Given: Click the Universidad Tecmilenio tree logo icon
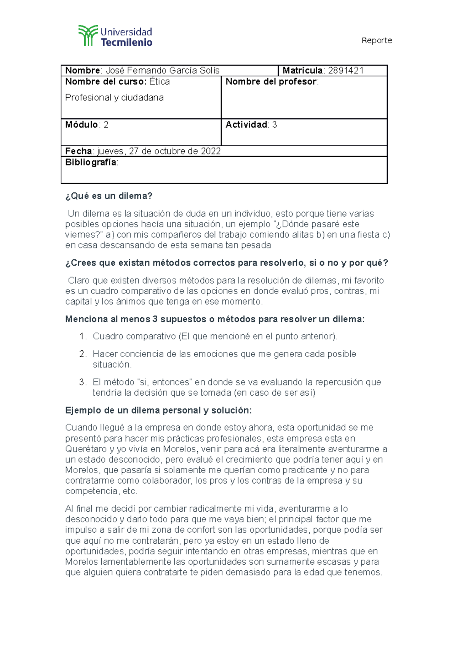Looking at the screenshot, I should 88,35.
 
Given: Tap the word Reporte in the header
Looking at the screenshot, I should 376,40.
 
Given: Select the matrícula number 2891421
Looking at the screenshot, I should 346,70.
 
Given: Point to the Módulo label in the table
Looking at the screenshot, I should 81,124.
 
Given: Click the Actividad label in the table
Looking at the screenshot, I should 246,124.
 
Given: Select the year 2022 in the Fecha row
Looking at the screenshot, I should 211,151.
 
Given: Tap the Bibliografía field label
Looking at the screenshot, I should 91,162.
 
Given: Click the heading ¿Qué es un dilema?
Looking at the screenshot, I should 109,196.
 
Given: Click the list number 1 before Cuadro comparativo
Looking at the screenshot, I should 82,336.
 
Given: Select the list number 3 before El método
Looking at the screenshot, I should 82,382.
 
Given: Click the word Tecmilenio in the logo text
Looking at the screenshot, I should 126,42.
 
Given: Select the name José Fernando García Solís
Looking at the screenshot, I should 162,70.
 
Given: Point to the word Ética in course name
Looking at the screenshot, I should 160,81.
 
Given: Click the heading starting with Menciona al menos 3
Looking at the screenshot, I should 214,319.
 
